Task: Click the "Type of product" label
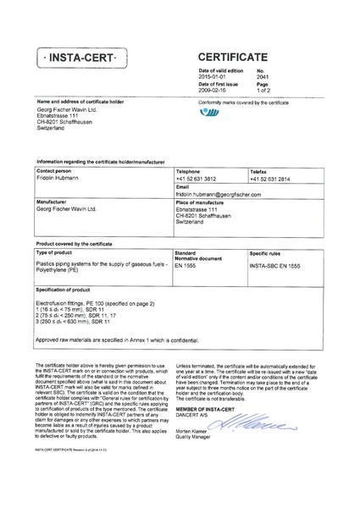click(x=55, y=253)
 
